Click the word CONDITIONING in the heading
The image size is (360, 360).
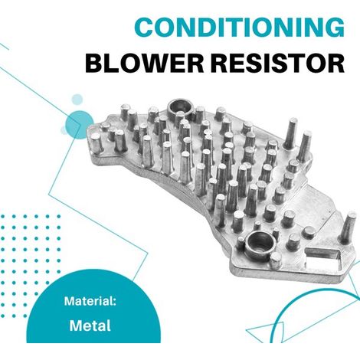240,27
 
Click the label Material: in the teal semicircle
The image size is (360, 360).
90,301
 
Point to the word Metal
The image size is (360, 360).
90,326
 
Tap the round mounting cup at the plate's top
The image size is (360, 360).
180,109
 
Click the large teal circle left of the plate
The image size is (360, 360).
80,125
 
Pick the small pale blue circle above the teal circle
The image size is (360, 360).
77,100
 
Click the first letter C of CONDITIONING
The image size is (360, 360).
144,27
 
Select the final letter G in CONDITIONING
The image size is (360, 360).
335,27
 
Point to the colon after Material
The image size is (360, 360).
115,303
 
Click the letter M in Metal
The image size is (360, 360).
76,326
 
